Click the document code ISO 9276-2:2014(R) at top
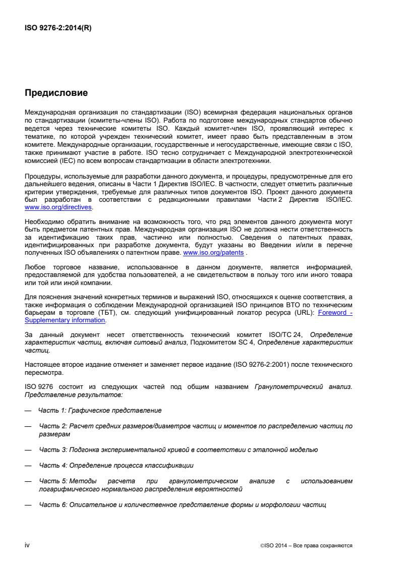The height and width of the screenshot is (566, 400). [x=58, y=28]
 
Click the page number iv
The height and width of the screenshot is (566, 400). [x=27, y=545]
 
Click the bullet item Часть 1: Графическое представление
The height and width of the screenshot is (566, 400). [x=100, y=411]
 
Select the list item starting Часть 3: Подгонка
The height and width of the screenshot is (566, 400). [x=179, y=449]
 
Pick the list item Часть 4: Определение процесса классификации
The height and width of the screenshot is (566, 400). [x=117, y=465]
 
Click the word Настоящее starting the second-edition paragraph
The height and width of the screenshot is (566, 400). [x=42, y=363]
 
